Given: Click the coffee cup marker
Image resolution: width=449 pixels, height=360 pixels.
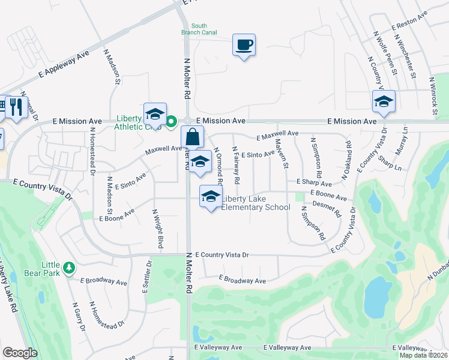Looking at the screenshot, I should click(244, 45).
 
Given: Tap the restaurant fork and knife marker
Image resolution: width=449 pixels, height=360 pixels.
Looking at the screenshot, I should click(16, 107).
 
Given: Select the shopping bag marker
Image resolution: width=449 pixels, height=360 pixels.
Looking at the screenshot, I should click(192, 137).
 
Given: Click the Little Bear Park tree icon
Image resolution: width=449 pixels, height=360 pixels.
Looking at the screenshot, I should click(69, 266).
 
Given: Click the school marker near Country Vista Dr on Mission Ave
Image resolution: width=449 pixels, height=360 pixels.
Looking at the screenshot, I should click(384, 102).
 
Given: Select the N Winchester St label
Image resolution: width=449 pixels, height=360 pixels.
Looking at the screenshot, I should click(406, 56).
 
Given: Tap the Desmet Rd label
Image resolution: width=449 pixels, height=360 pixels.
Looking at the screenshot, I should click(327, 209).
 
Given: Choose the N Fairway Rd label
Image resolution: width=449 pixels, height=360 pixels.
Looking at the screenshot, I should click(236, 165).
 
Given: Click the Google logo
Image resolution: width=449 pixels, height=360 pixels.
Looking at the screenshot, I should click(20, 353).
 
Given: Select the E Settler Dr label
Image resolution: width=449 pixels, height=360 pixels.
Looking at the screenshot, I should click(146, 277).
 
